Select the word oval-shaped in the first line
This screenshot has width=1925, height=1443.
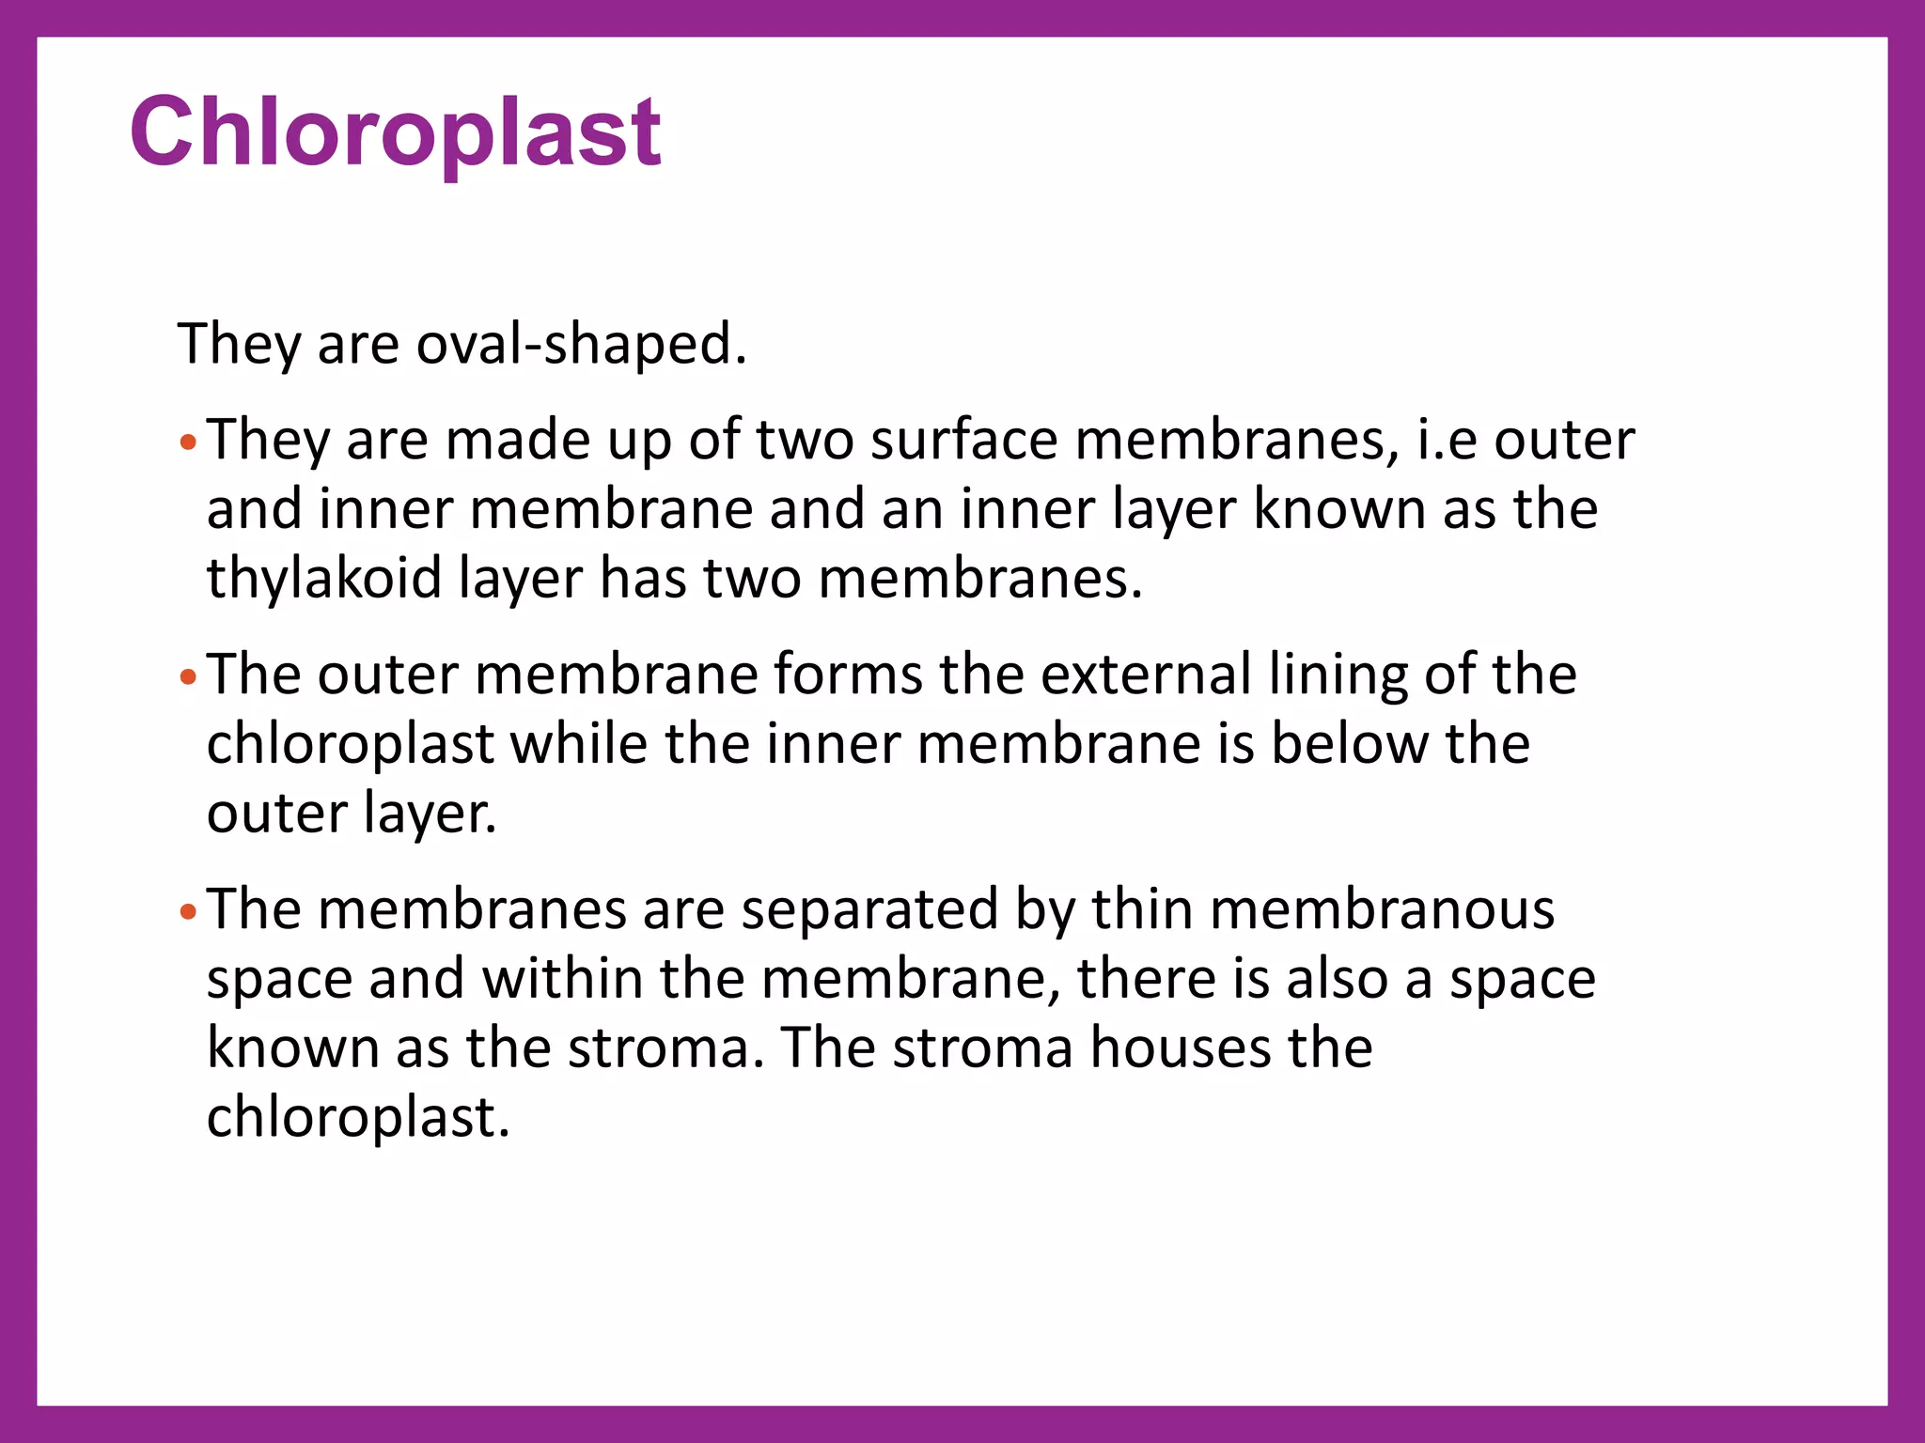581,344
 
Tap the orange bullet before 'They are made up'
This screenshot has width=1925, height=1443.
188,442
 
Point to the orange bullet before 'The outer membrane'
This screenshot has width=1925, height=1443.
188,676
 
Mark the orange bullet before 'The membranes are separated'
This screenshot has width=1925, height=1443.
188,911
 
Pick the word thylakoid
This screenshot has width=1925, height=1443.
324,578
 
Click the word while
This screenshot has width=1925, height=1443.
579,744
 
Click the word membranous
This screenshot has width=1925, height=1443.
1382,909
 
